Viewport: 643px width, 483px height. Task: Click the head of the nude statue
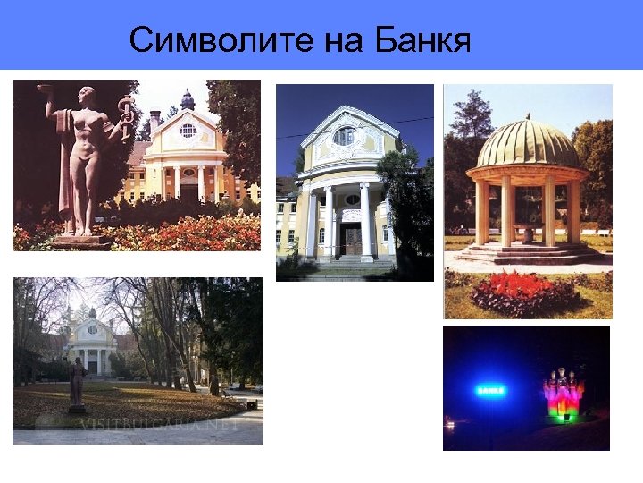tap(87, 95)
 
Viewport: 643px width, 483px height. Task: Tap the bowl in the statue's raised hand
tap(45, 89)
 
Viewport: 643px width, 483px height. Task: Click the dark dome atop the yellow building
tap(188, 101)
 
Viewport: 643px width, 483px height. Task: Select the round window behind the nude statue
tap(188, 131)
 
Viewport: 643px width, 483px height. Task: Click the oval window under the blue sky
tap(345, 137)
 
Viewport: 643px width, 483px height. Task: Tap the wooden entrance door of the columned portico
tap(353, 239)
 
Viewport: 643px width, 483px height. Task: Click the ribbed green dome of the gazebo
tap(527, 143)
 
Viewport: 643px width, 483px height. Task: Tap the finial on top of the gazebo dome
tap(528, 117)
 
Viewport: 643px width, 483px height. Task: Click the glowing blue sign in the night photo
tap(490, 390)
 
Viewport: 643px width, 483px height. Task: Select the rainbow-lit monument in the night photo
tap(564, 394)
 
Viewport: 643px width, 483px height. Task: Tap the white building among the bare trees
tap(92, 344)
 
